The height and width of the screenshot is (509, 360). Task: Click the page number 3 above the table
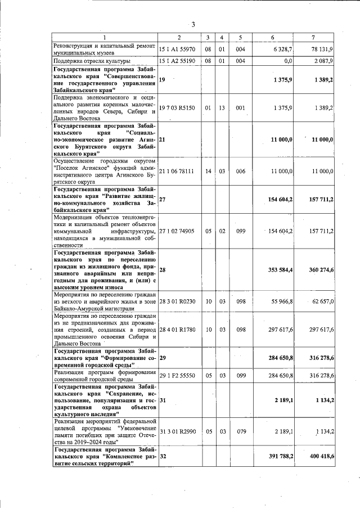tap(193, 25)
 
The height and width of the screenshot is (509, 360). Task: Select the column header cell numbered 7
tap(313, 38)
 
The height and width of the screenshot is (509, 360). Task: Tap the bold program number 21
tap(163, 138)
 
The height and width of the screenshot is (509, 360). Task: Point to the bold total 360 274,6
tap(321, 270)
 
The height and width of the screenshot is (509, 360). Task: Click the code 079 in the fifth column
tap(240, 431)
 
